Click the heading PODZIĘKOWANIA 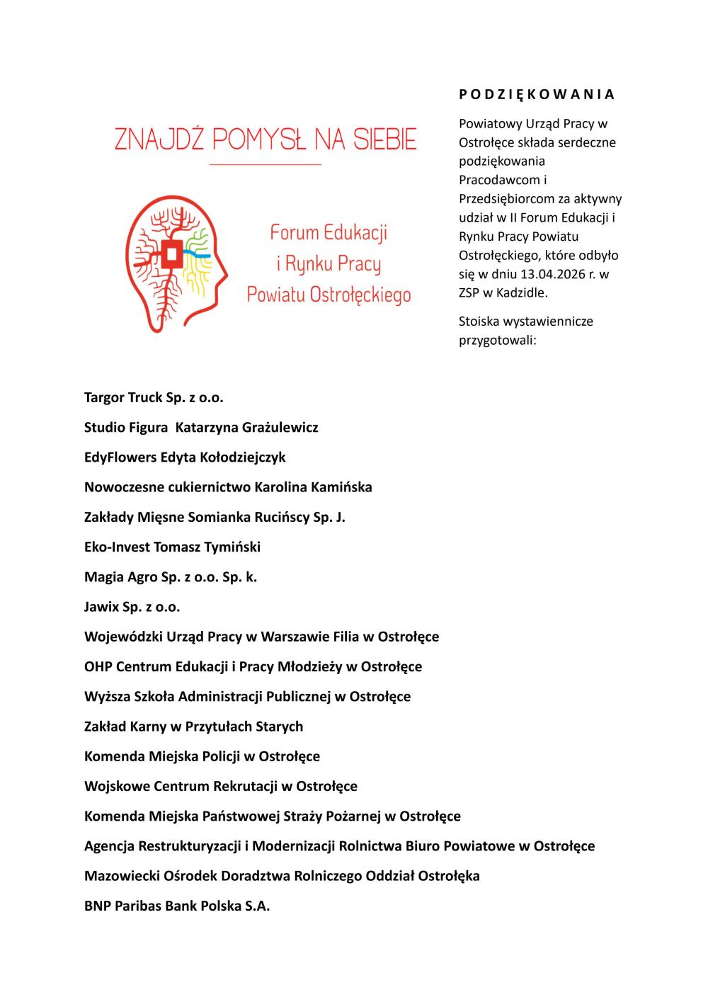click(x=537, y=94)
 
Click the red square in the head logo click(x=171, y=253)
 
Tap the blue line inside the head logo click(x=198, y=251)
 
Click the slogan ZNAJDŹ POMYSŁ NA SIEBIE click(x=265, y=140)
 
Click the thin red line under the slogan click(x=265, y=165)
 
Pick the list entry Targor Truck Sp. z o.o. click(x=154, y=397)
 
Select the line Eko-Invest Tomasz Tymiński click(x=172, y=547)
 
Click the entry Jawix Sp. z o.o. click(x=132, y=606)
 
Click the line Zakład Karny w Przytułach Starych click(x=193, y=726)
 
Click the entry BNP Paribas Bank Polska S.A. click(x=177, y=905)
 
